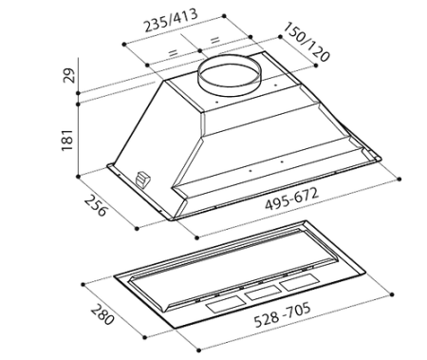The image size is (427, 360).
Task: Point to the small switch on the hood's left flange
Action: pyautogui.click(x=143, y=177)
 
